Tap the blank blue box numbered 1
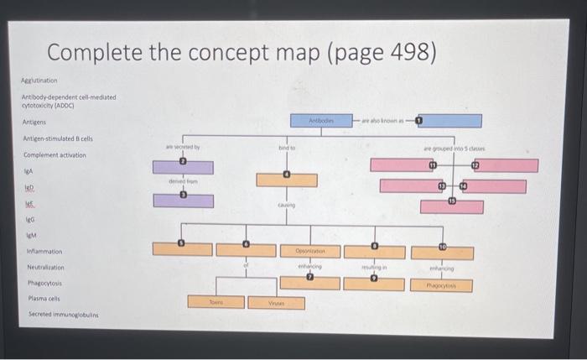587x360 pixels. click(451, 120)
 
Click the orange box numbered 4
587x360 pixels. click(286, 180)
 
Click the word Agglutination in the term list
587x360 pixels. click(39, 81)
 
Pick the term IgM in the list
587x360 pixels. click(33, 234)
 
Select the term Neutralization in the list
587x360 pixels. click(46, 267)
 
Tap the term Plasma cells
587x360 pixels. click(43, 298)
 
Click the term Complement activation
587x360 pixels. click(55, 155)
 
